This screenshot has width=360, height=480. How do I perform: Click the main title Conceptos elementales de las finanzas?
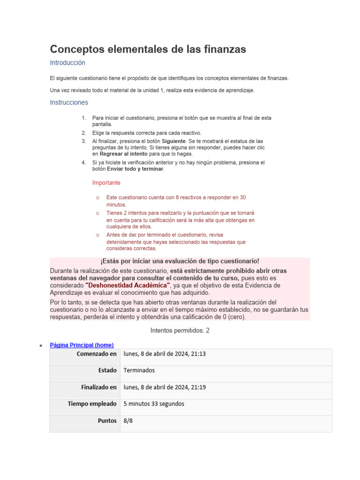[x=148, y=49]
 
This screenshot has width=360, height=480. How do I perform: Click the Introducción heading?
[x=67, y=62]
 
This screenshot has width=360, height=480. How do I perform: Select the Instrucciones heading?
[x=69, y=102]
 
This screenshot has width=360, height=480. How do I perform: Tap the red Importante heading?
[x=106, y=182]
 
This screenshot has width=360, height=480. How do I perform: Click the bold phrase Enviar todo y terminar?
[x=135, y=169]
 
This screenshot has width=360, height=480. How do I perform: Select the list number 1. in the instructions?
[x=83, y=118]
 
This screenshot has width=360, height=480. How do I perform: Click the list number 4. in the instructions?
[x=83, y=163]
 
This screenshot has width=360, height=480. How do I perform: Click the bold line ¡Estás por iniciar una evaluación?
[x=180, y=261]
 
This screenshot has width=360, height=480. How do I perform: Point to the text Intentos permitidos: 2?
[x=180, y=330]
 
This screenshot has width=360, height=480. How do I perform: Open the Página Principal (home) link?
[x=82, y=345]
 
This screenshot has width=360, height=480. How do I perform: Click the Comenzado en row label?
[x=97, y=354]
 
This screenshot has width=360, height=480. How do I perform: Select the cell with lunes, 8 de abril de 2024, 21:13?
[x=164, y=354]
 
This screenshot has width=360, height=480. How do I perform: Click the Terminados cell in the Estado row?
[x=139, y=370]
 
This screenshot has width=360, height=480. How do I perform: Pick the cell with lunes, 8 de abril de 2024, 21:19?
[x=164, y=387]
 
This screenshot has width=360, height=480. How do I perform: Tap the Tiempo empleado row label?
[x=92, y=404]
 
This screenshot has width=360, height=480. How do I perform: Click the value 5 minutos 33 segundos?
[x=154, y=404]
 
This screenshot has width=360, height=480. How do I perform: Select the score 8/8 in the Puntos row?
[x=128, y=421]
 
